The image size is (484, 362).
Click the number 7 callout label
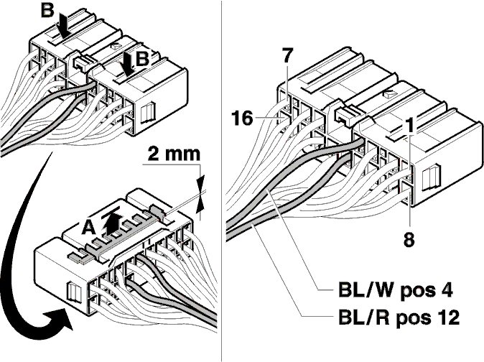point(287,55)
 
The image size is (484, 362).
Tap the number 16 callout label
point(242,119)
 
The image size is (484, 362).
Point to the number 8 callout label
point(409,238)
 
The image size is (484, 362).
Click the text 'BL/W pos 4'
point(396,290)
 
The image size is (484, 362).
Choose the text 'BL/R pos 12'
point(399,317)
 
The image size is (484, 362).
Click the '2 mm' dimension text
point(174,154)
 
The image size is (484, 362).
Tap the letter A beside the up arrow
point(89,228)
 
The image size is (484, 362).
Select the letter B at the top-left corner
point(47,11)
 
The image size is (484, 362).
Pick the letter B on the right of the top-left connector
point(142,59)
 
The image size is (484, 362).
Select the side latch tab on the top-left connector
point(149,113)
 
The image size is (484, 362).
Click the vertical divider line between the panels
point(222,181)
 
